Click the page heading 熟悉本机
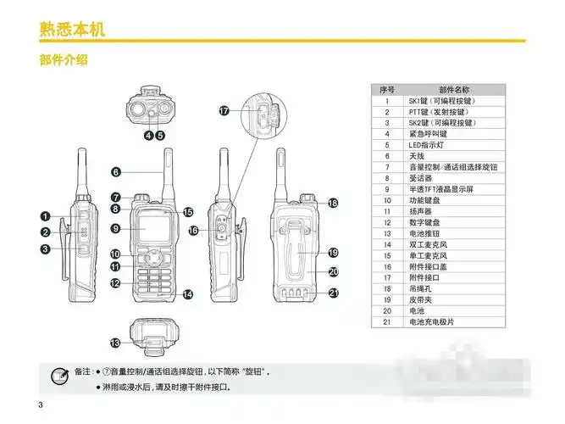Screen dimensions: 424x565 click(x=72, y=29)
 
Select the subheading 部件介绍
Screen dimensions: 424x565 click(x=64, y=61)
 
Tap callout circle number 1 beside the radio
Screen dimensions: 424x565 click(x=45, y=216)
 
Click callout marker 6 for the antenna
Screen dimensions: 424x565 click(x=116, y=172)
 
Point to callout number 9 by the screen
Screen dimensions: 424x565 click(x=116, y=227)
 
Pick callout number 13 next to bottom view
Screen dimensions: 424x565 click(x=116, y=343)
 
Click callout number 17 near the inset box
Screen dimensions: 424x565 click(x=224, y=111)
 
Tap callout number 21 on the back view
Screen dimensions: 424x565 click(x=334, y=293)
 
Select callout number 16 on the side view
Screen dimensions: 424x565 click(x=193, y=231)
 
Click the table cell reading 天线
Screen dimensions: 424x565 click(x=417, y=156)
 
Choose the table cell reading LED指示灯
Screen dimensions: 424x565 click(x=427, y=145)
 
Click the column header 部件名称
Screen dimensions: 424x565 click(x=454, y=90)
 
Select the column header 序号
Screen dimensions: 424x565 click(x=387, y=90)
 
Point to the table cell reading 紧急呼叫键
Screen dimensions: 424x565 click(x=428, y=134)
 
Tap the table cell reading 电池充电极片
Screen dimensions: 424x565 click(x=432, y=322)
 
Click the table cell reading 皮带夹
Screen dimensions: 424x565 click(x=420, y=300)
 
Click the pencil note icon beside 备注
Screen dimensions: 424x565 click(x=60, y=374)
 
